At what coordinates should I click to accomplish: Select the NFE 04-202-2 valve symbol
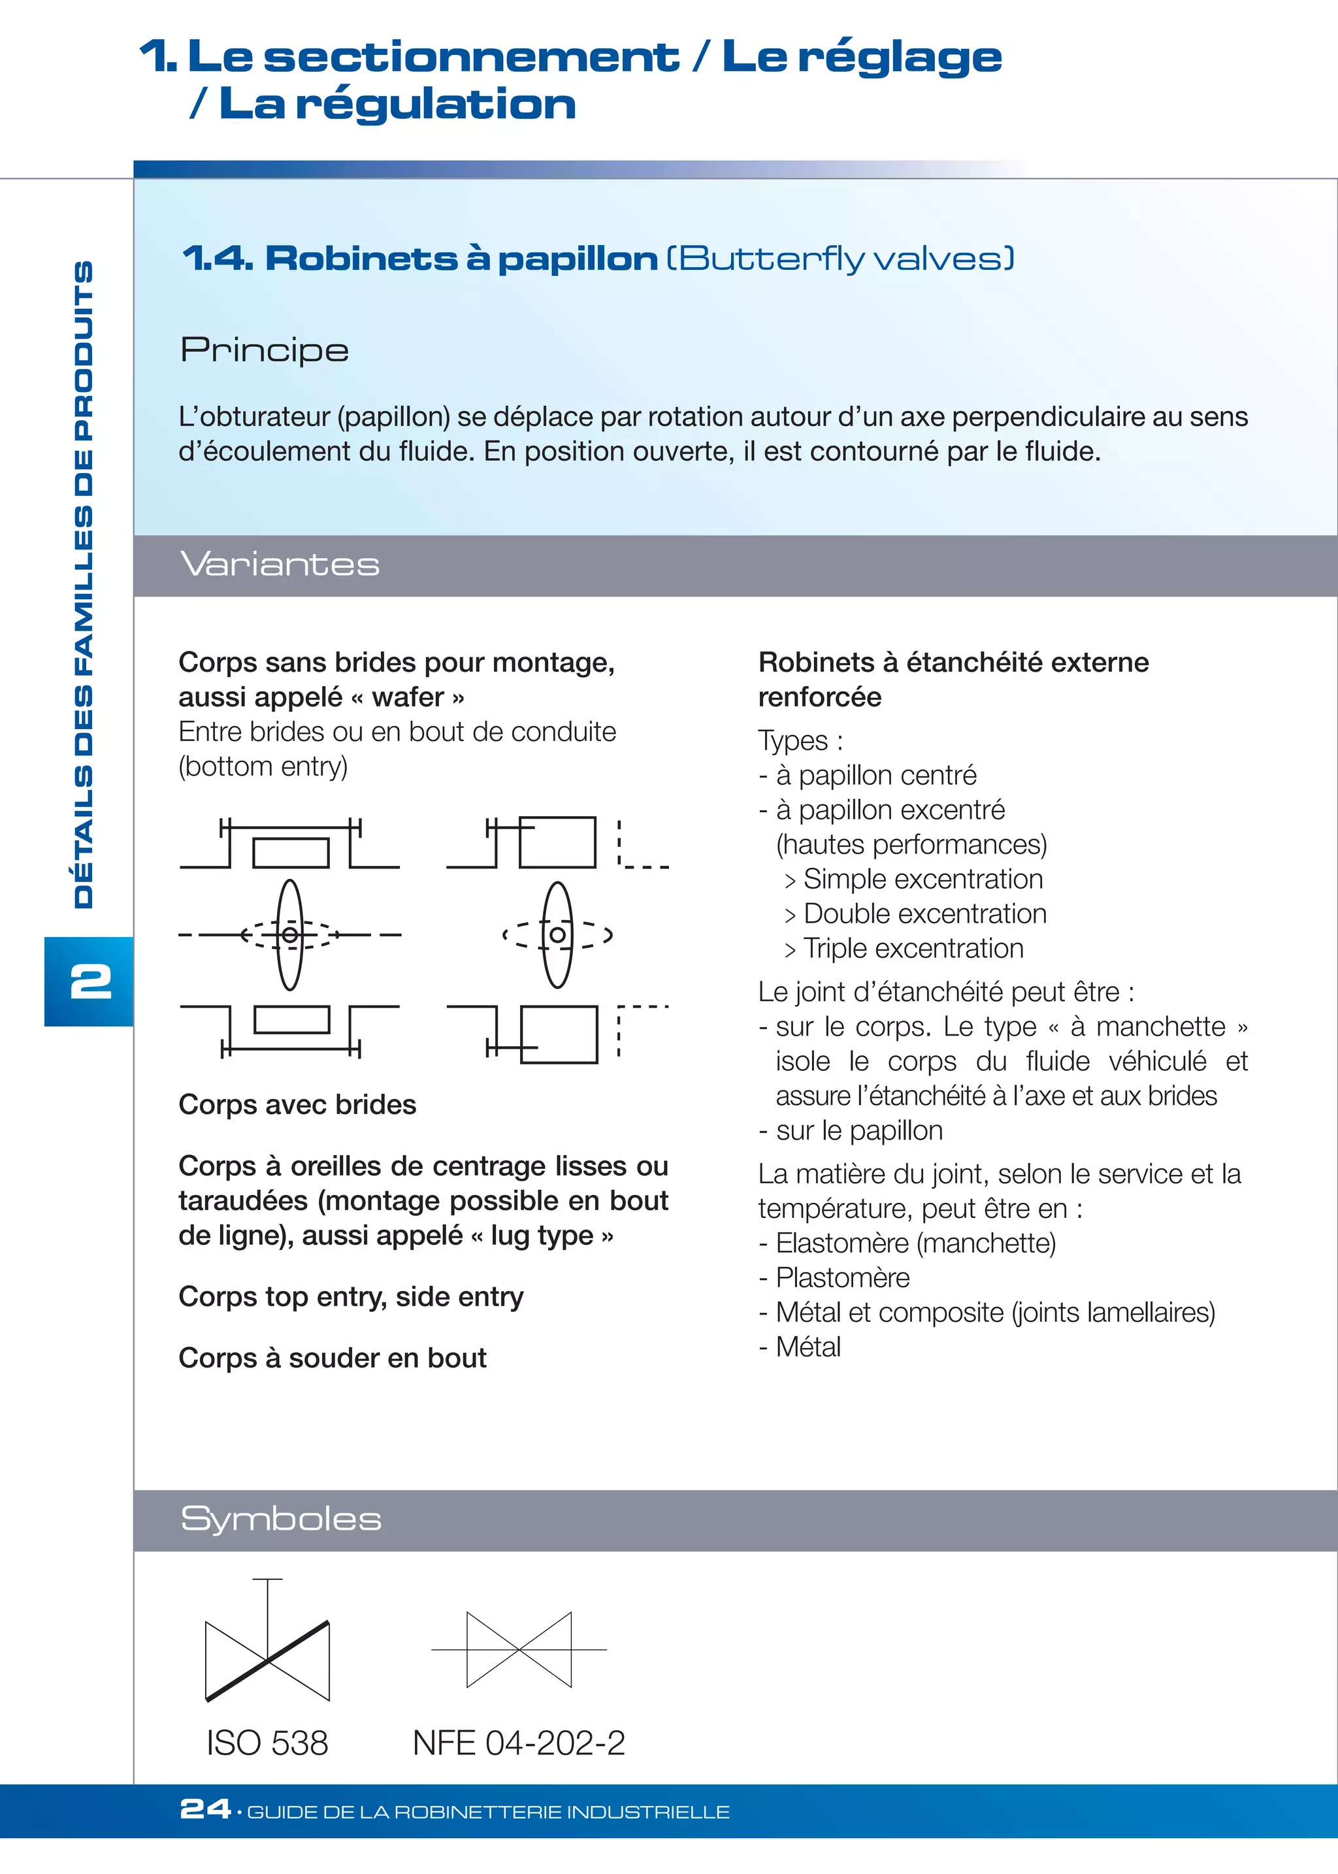coord(519,1649)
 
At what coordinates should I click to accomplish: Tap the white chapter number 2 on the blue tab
coord(91,981)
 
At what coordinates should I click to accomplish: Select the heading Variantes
coord(280,565)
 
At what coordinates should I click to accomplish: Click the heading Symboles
coord(281,1519)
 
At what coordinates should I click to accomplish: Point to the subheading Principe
coord(265,351)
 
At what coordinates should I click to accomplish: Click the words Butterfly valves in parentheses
coord(840,259)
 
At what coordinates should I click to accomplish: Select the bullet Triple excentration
coord(913,949)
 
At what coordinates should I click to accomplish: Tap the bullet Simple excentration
coord(922,879)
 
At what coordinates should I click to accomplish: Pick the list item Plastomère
coord(842,1277)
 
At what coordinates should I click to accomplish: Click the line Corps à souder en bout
coord(333,1357)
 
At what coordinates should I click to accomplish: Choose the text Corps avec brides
coord(297,1104)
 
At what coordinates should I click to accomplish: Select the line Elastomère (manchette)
coord(915,1243)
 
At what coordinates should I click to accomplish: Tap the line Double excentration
coord(924,914)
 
